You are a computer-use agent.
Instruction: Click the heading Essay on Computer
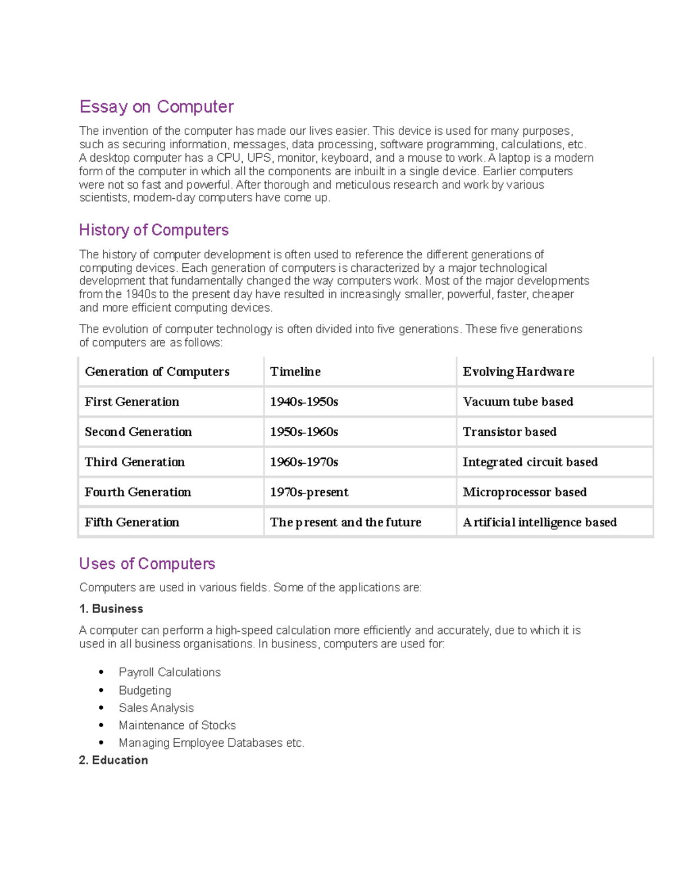point(156,107)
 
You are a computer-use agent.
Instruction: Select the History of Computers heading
point(153,230)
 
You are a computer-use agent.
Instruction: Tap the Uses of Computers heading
point(147,564)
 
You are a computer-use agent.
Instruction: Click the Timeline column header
point(295,372)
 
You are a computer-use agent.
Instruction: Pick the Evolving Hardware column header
point(518,372)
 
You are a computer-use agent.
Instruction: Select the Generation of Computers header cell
point(157,372)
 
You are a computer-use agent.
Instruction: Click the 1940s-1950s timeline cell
point(304,402)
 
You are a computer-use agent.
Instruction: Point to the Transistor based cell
point(509,432)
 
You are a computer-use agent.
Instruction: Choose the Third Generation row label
point(134,462)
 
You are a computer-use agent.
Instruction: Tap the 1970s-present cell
point(309,492)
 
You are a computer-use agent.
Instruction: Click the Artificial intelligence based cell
point(539,522)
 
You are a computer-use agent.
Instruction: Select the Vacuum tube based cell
point(517,402)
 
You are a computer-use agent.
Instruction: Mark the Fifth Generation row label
point(132,522)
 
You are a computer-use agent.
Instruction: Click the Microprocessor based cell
point(524,492)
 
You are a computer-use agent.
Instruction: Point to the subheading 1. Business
point(111,609)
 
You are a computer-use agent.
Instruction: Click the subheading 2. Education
point(113,760)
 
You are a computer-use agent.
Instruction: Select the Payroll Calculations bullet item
point(169,673)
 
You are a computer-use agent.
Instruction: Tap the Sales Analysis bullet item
point(156,708)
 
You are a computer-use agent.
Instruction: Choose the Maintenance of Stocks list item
point(177,725)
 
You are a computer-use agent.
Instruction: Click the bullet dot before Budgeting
point(101,691)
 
